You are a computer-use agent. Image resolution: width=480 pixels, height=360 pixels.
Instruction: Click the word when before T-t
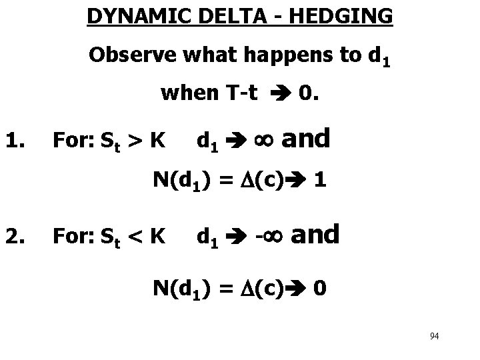coord(189,95)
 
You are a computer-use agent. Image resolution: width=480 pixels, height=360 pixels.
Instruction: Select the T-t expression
coord(241,95)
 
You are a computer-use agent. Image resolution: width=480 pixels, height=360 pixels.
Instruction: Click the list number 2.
coord(16,235)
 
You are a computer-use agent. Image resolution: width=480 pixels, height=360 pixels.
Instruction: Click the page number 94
coord(434,335)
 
